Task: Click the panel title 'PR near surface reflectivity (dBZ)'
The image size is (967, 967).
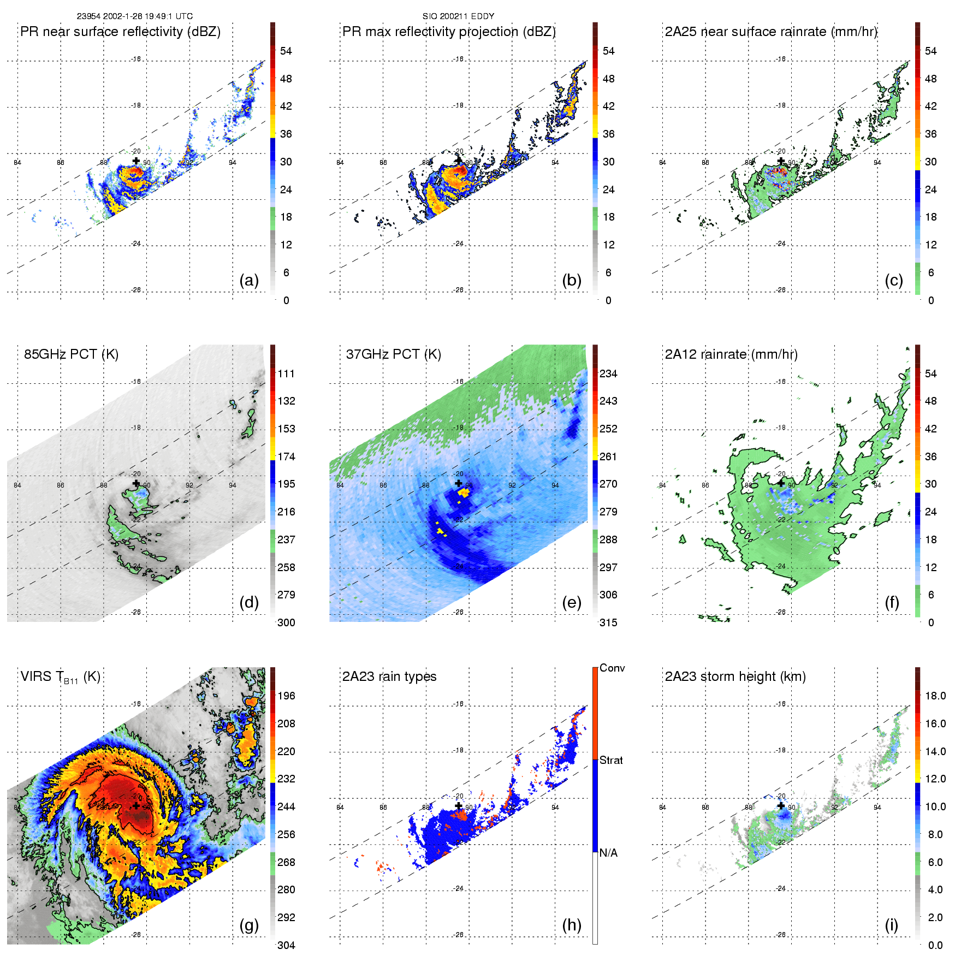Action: point(120,32)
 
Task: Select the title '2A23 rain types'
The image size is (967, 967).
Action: point(389,677)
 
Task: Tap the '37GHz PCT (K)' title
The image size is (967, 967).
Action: point(393,354)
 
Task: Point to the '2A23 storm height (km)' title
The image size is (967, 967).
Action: point(735,677)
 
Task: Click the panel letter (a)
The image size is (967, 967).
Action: point(249,280)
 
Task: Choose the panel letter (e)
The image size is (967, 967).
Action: point(571,602)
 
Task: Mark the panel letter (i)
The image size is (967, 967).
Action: point(891,925)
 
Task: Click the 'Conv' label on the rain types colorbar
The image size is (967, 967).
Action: point(612,668)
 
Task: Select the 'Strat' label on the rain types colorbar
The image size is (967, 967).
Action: point(611,760)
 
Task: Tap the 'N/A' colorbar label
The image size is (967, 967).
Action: point(608,853)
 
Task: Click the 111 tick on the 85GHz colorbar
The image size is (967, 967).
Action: point(286,373)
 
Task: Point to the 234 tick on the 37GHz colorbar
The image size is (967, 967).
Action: point(608,373)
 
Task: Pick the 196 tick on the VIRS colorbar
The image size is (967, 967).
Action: point(286,696)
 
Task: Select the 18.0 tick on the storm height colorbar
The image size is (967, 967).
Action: point(935,696)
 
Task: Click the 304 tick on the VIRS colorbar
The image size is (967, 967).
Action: point(286,945)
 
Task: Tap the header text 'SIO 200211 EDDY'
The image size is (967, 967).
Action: point(458,16)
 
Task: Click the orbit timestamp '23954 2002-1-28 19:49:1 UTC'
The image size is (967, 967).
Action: point(135,16)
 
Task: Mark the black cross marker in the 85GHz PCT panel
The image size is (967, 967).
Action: point(136,483)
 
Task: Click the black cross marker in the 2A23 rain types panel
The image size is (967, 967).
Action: point(458,805)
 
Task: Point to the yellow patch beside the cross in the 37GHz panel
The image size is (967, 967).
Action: point(464,492)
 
